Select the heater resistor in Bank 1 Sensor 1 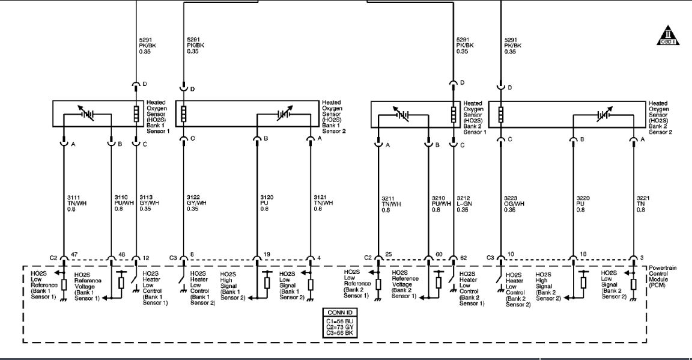coord(136,114)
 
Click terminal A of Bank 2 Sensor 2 coord(634,141)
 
